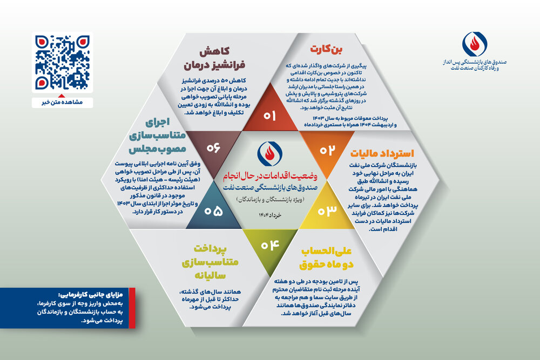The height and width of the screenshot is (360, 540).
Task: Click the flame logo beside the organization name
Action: pyautogui.click(x=474, y=45)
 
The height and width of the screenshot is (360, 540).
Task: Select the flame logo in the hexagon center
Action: pyautogui.click(x=269, y=155)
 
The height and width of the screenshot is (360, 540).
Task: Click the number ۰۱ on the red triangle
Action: pyautogui.click(x=269, y=116)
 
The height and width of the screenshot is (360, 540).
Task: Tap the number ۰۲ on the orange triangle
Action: pyautogui.click(x=327, y=150)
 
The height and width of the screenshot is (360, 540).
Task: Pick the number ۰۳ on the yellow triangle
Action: pyautogui.click(x=327, y=210)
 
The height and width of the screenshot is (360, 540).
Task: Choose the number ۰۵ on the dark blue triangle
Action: pyautogui.click(x=213, y=211)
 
